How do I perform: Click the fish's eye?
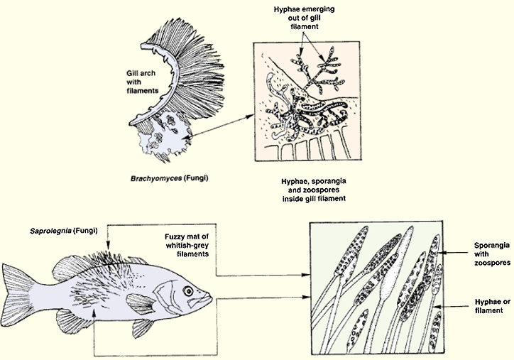[x=188, y=290]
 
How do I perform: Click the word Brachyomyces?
[x=156, y=179]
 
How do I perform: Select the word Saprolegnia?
[x=51, y=231]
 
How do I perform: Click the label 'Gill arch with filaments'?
[x=141, y=82]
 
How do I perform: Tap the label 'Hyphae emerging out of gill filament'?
[x=304, y=18]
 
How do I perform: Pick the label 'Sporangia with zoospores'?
[x=492, y=253]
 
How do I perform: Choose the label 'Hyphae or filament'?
[x=493, y=306]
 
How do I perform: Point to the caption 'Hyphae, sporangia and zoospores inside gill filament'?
[x=314, y=190]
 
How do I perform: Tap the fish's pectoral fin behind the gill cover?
[x=141, y=302]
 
